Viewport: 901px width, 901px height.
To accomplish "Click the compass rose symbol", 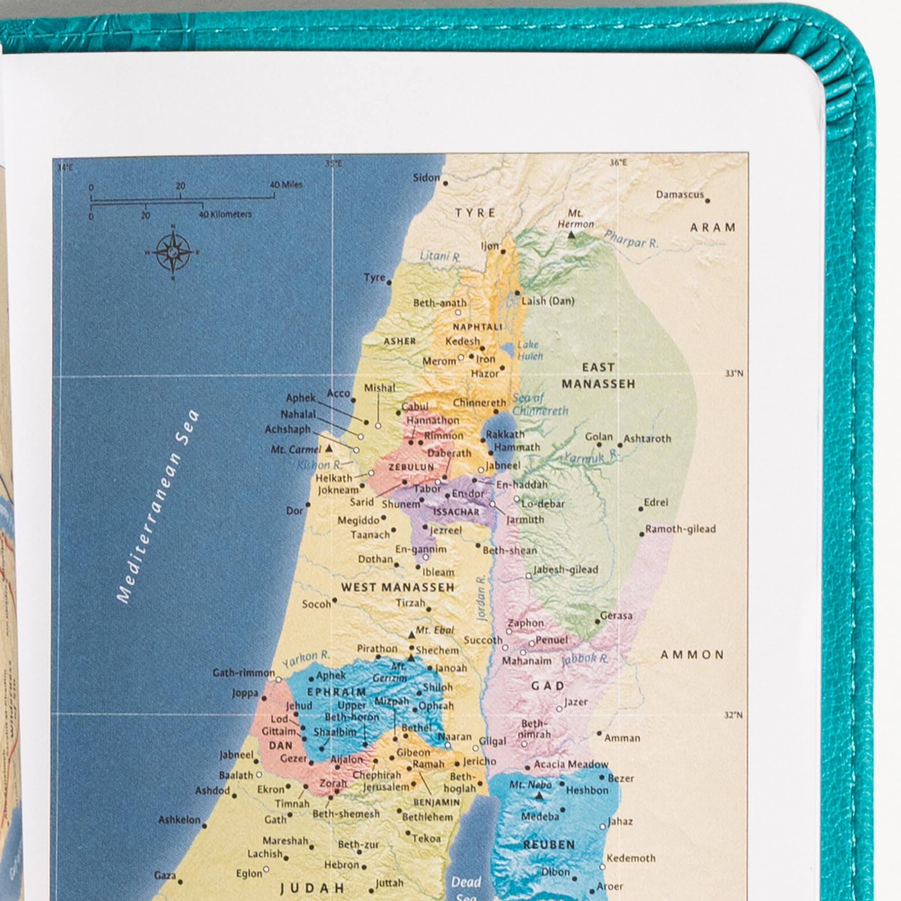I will [173, 252].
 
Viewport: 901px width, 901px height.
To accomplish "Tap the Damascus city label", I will [679, 195].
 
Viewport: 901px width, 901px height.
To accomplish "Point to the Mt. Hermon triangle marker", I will [571, 235].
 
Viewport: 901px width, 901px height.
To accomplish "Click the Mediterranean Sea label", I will [157, 506].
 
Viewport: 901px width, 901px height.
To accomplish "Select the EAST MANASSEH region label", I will [598, 376].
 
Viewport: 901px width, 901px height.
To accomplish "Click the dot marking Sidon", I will [446, 184].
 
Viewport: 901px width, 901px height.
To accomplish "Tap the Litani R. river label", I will [440, 256].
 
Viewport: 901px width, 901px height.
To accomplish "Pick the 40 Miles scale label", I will [286, 185].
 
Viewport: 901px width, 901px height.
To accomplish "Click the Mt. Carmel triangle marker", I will [329, 448].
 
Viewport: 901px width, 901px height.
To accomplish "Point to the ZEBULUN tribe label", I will [412, 467].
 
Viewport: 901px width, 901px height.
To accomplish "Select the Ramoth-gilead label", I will [680, 529].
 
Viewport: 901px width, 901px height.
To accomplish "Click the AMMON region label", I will [692, 655].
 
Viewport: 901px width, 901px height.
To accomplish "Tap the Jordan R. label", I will [482, 599].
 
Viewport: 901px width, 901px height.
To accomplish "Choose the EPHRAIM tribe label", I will [336, 692].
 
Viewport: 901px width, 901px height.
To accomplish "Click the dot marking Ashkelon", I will [204, 826].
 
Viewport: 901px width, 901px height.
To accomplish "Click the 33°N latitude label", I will [733, 373].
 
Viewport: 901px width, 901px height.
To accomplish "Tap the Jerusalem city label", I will [386, 787].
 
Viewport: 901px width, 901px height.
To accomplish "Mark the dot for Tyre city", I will [389, 282].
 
